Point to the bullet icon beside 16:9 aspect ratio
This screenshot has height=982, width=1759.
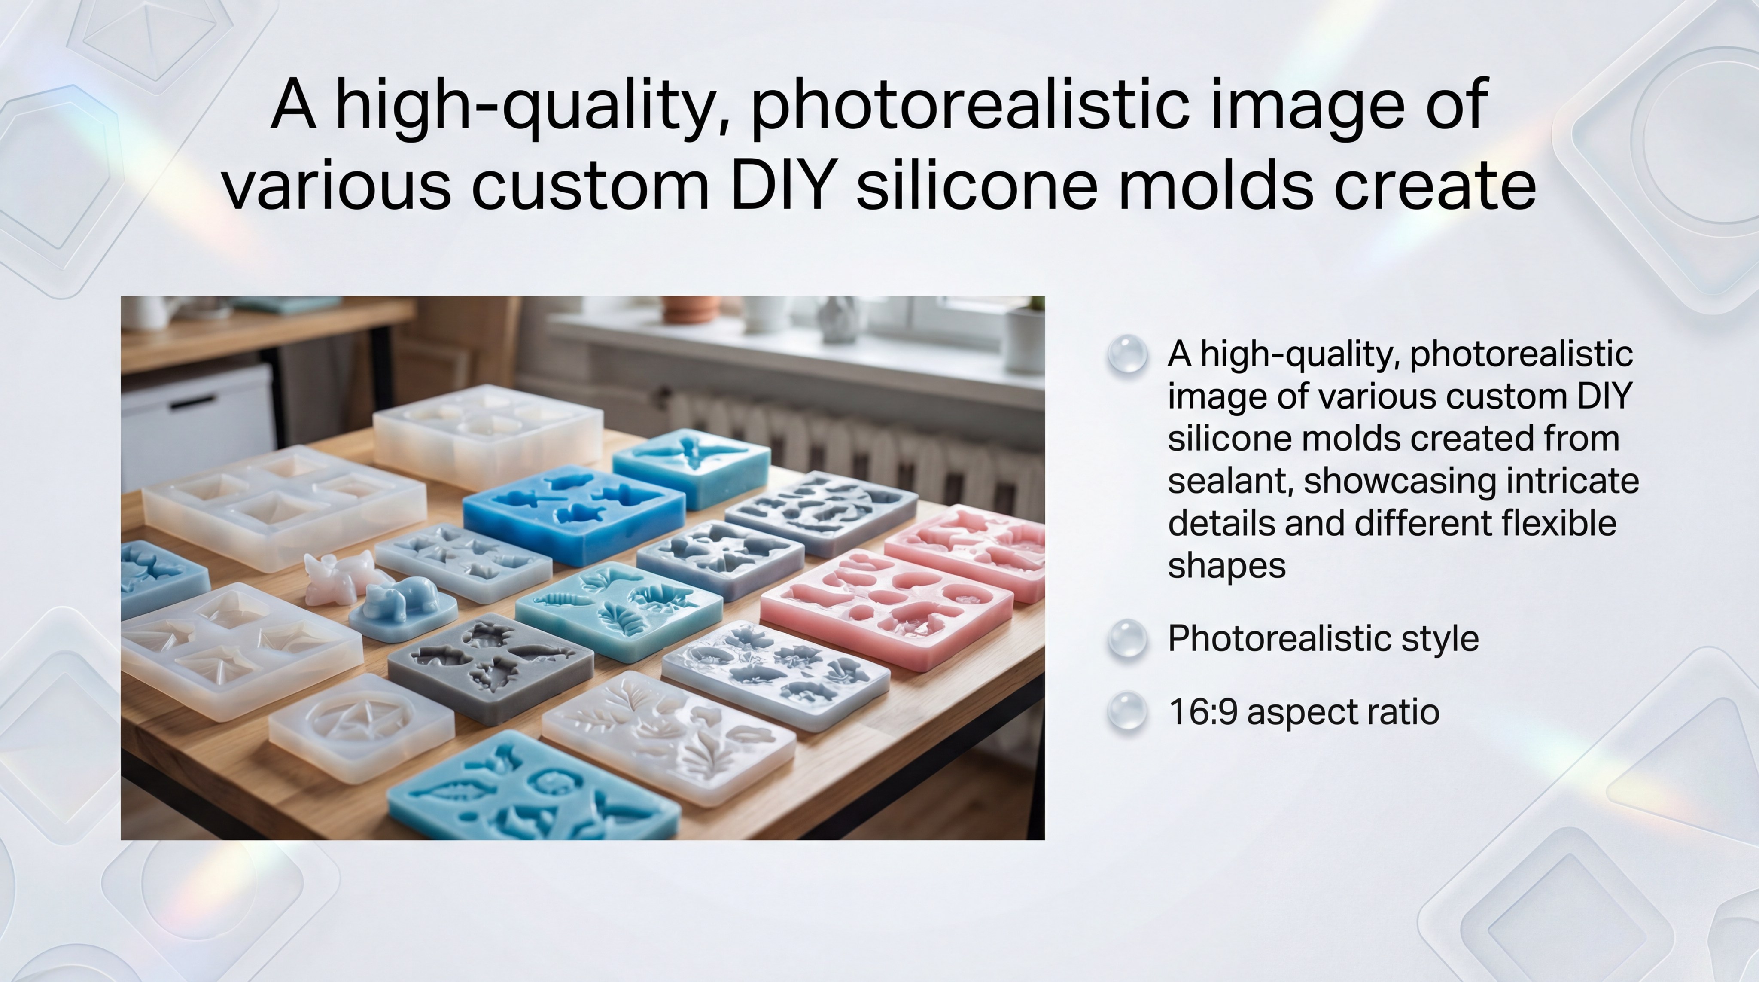point(1127,711)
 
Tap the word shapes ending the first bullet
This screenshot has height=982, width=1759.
point(1226,567)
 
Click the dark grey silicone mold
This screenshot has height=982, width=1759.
point(490,666)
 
